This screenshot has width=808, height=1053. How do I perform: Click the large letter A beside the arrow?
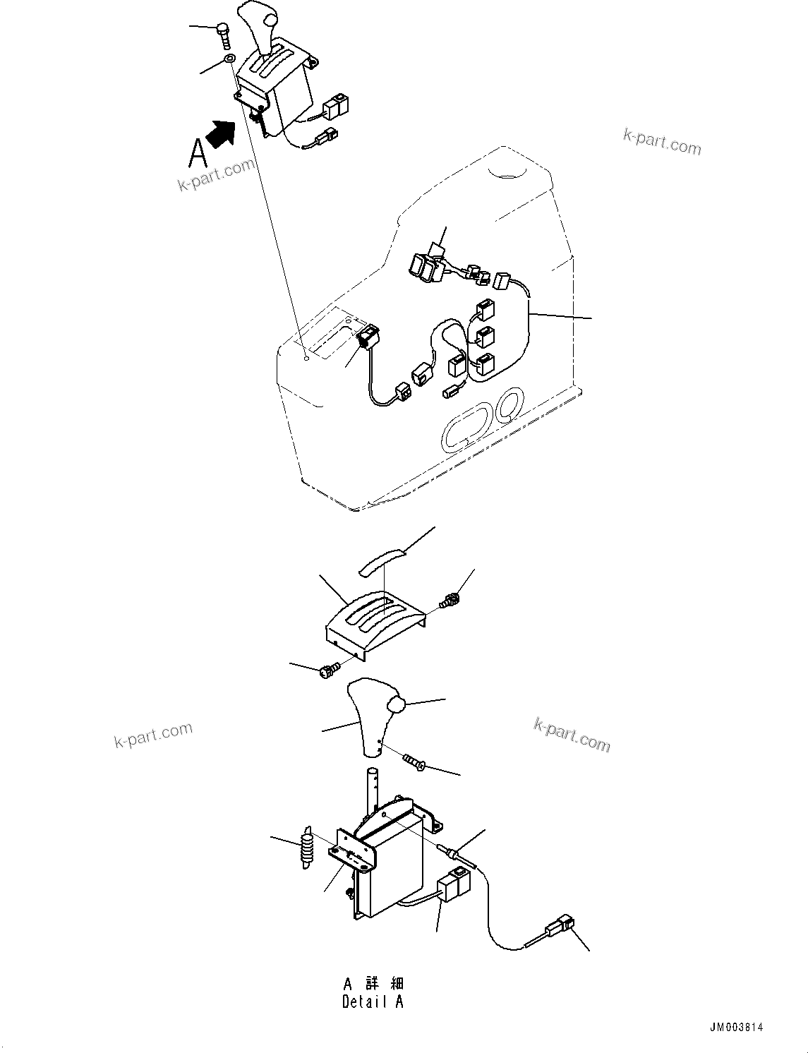198,152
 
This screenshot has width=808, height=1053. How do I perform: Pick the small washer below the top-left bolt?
229,59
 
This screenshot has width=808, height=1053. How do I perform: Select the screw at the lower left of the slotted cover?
329,671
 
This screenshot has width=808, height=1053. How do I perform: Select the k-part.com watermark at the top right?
661,142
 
